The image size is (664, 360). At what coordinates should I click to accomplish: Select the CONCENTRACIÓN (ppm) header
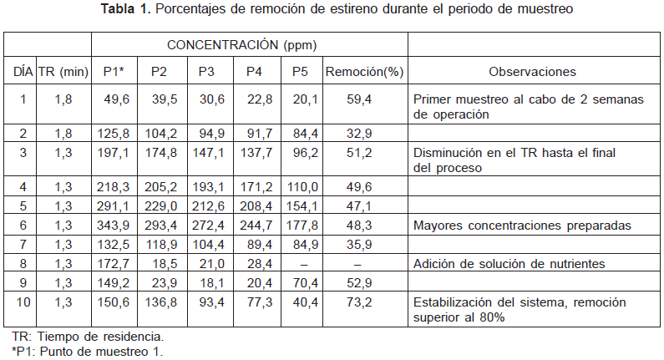tap(241, 44)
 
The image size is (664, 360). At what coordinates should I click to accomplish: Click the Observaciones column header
tap(532, 73)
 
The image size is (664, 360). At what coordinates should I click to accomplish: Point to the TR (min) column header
tap(63, 73)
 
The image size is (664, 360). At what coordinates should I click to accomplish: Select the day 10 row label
tap(23, 302)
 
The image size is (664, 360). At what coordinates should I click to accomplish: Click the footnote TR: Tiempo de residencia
tap(88, 336)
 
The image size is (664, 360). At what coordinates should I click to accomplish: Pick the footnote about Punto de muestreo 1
tap(88, 351)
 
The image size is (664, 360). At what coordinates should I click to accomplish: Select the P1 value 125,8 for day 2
tap(116, 132)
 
